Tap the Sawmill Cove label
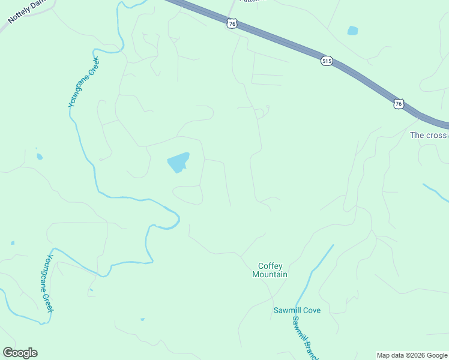pos(297,310)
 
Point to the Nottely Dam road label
pos(28,12)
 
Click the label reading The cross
pos(429,135)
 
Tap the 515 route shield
pos(327,61)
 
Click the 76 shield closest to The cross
pos(399,104)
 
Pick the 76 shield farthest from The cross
pos(233,23)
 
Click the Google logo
pos(20,353)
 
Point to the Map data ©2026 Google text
pos(412,355)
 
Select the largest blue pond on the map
pos(178,161)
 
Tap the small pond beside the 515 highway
pos(352,31)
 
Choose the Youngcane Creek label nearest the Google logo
pos(50,283)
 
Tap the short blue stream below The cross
pos(435,192)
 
